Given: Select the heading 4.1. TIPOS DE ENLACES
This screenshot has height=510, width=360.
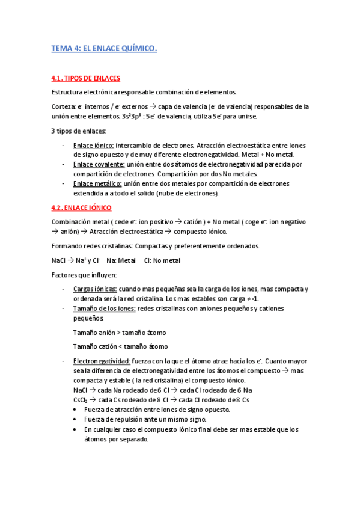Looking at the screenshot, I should point(85,79).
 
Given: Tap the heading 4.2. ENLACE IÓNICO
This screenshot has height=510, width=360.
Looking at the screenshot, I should point(81,207).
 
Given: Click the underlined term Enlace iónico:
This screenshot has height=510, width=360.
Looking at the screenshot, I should point(93,145).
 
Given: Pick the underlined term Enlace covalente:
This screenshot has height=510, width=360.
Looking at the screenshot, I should point(99,164).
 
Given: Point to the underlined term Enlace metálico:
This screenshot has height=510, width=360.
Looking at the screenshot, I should point(97,183).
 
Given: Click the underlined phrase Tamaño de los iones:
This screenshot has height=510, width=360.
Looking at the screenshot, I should point(104,308).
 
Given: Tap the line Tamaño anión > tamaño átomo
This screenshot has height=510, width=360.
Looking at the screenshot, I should point(119,332).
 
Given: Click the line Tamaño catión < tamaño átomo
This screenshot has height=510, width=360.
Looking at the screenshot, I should point(120,346).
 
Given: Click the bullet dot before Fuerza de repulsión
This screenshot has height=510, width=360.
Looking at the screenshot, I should point(75,420).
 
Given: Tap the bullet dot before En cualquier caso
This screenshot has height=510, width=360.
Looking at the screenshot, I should point(75,429).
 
